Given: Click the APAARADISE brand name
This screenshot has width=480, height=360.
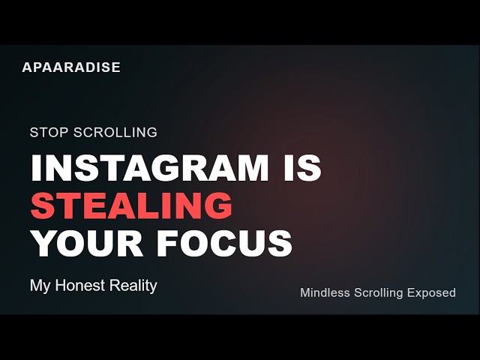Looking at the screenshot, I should point(71,67).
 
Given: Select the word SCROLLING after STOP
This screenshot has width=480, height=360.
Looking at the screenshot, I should point(113,133).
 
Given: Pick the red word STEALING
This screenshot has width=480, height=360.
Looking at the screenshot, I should point(131,205).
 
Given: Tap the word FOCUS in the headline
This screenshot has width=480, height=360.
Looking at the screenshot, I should point(225,242).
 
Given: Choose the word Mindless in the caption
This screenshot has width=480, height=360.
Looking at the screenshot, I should point(325,292).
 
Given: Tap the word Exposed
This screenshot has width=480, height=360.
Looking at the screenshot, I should point(431,292).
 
